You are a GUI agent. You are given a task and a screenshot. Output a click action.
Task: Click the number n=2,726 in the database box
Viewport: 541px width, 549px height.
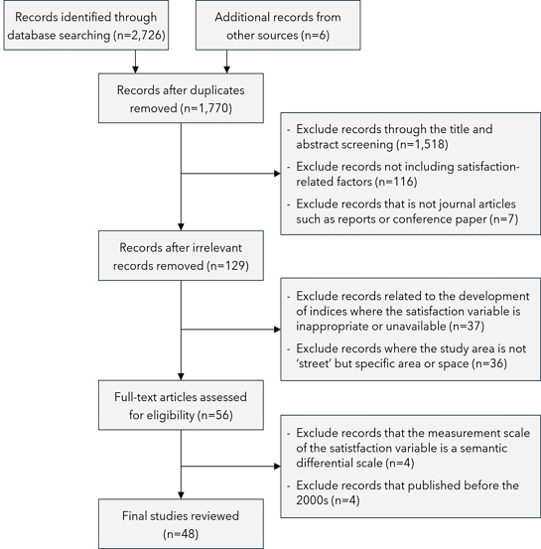tap(139, 36)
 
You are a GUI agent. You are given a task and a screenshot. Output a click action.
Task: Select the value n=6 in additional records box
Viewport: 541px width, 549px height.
tap(315, 36)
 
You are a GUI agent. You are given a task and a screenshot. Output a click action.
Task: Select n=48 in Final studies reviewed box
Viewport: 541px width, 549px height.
tap(181, 534)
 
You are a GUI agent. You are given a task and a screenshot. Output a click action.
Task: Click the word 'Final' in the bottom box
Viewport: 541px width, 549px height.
tap(132, 515)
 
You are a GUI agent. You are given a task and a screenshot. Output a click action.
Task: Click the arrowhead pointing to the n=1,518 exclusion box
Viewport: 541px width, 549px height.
tap(277, 174)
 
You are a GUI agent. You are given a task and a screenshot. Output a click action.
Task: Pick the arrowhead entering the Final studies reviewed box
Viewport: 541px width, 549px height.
tap(181, 495)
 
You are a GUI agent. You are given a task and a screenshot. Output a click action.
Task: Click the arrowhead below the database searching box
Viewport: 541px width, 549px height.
tap(136, 70)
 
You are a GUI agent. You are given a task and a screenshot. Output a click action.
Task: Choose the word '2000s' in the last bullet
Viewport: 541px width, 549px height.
tap(313, 500)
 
